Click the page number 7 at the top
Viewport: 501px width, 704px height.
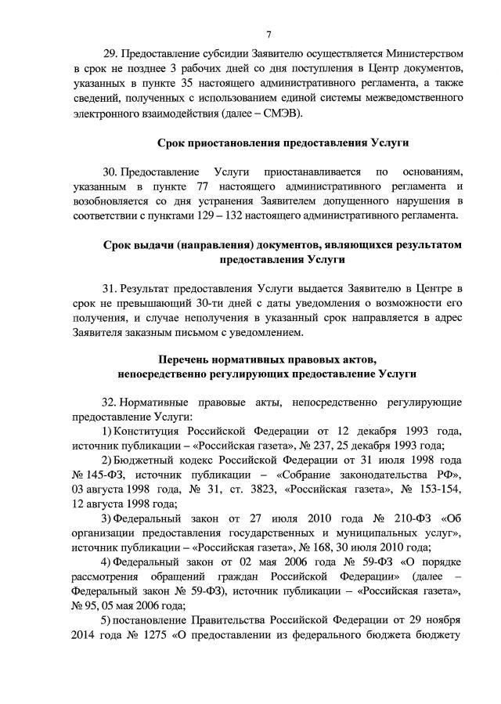[268, 34]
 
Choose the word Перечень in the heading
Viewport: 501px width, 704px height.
[185, 360]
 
